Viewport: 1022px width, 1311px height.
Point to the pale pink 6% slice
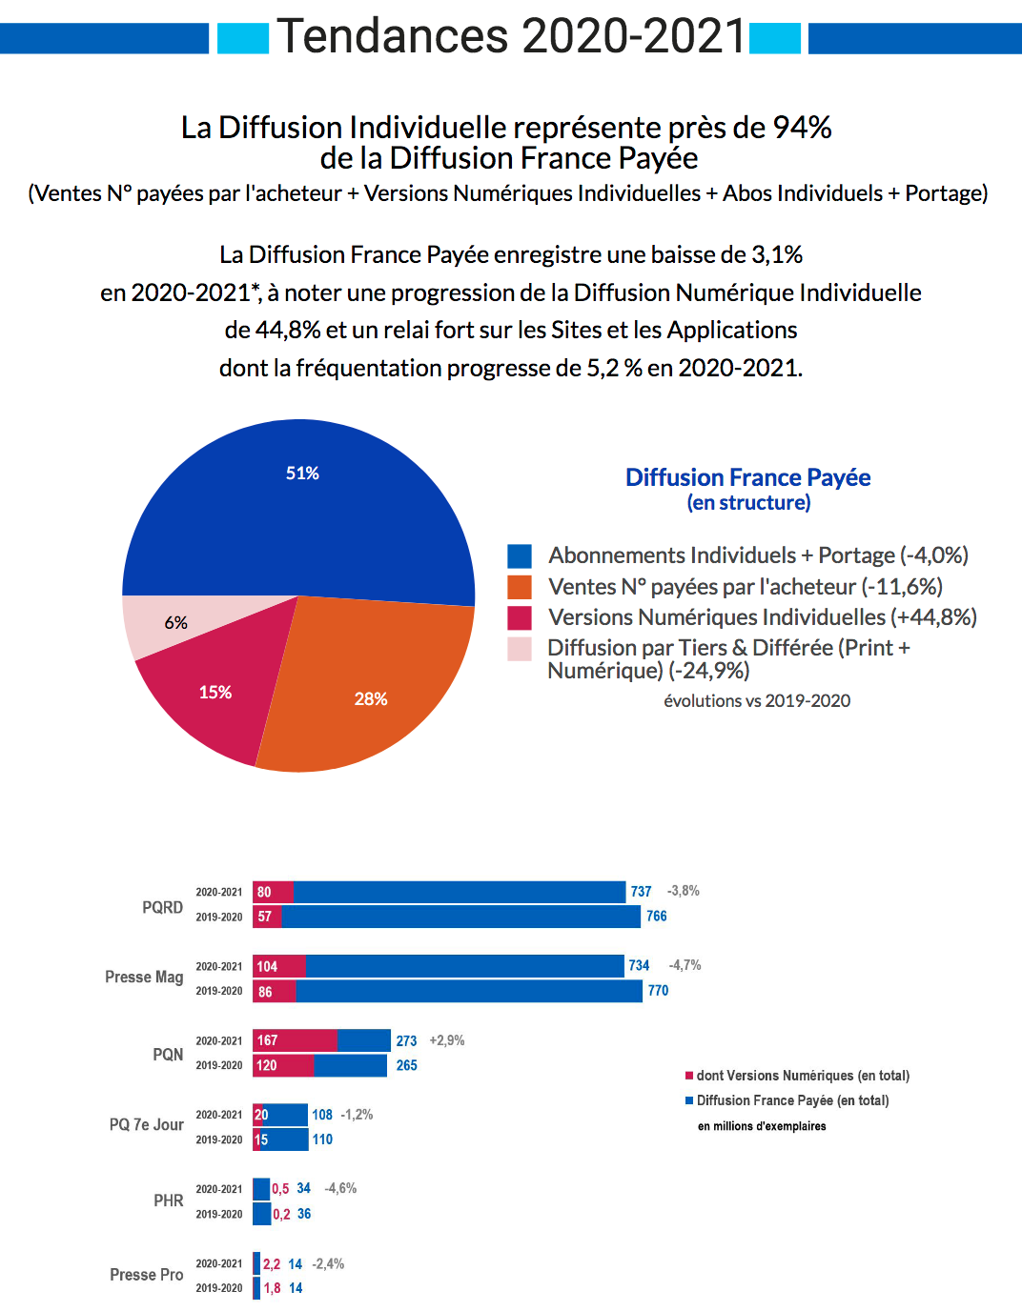172,624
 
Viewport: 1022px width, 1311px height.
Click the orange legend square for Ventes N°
520,587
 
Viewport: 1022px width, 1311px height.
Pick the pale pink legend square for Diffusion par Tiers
520,649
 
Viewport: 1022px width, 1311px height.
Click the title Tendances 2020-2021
511,36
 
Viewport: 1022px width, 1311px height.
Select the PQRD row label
162,907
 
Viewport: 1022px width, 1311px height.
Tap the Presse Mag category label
144,977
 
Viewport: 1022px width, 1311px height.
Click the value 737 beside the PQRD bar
641,892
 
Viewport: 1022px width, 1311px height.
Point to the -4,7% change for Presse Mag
685,965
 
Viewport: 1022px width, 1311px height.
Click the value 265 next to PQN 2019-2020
407,1065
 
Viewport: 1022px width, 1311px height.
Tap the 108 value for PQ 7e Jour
322,1115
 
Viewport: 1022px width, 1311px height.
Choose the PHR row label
168,1200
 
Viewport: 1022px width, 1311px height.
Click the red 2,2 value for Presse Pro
272,1264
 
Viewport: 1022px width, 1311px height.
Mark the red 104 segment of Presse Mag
279,966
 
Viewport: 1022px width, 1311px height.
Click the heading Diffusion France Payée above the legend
747,477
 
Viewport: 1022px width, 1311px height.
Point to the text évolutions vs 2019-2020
757,701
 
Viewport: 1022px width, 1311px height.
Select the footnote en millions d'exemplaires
762,1126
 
